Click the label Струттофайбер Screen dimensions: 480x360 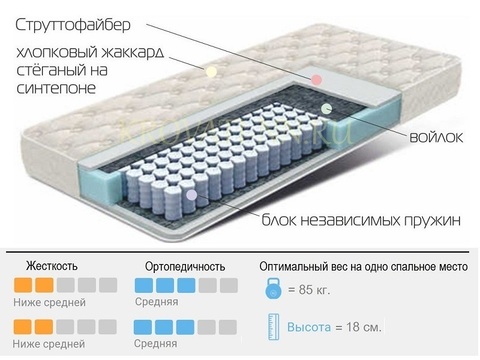73,25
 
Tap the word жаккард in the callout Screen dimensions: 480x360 133,52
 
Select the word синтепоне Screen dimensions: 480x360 56,88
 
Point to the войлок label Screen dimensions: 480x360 436,137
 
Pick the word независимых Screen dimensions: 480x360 350,220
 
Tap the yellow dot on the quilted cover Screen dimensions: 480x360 211,71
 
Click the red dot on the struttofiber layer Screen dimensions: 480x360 316,80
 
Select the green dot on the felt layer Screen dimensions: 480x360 326,108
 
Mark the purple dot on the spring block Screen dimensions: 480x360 191,195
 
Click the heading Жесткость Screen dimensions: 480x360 52,266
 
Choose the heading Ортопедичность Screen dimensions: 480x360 185,267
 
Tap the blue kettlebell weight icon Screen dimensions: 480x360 273,289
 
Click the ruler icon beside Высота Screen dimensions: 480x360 274,327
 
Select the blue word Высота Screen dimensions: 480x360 309,327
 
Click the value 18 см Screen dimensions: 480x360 363,327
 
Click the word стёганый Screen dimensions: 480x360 49,70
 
